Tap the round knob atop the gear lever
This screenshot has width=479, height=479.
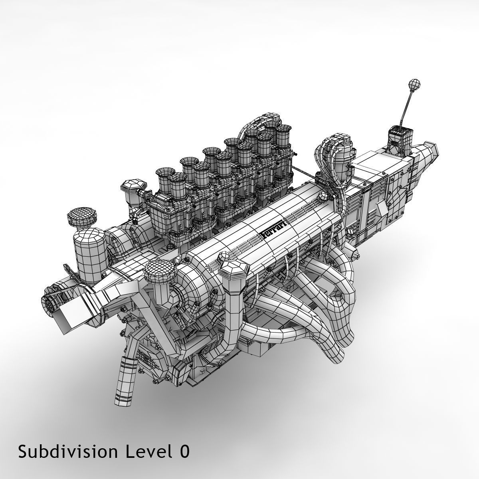[414, 85]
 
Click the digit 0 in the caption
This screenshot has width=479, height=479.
[184, 452]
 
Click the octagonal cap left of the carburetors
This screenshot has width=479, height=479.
[134, 188]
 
